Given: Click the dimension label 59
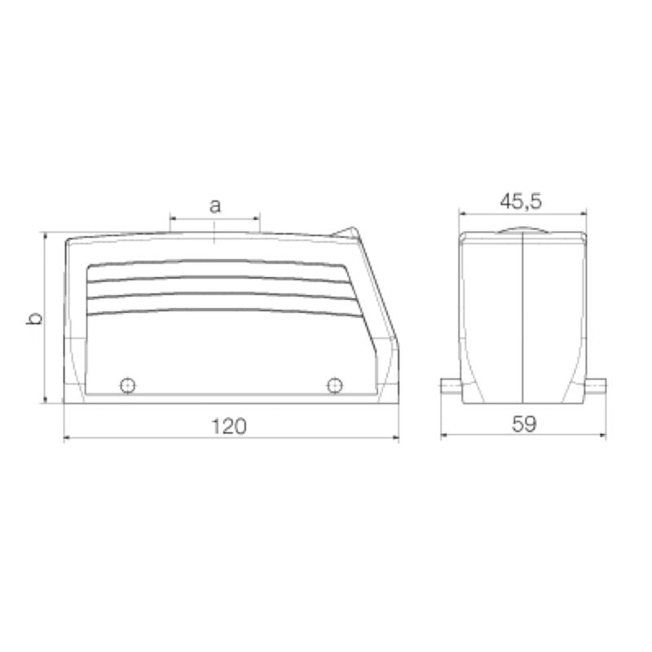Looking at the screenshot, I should point(525,425).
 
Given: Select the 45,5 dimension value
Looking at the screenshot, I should point(523,200).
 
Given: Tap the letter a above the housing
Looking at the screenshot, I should point(214,205).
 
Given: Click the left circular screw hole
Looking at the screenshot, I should point(127,385).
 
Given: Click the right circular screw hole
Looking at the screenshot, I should point(333,385).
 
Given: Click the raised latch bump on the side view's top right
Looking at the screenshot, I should point(347,231).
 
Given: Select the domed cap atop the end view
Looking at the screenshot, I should point(522,229).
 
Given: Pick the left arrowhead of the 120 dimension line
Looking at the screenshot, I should point(67,438).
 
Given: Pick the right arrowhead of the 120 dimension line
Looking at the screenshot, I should point(396,438).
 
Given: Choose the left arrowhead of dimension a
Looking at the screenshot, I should point(173,218).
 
